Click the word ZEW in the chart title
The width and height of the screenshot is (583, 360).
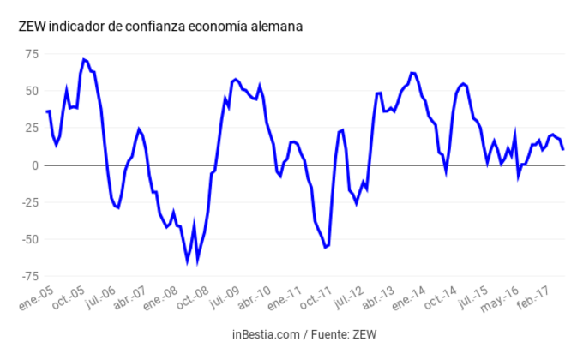(x=32, y=27)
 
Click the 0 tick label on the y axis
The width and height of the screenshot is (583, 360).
(x=35, y=165)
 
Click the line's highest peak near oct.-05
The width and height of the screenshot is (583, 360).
(x=83, y=59)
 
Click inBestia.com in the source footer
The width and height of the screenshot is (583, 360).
(x=264, y=333)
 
